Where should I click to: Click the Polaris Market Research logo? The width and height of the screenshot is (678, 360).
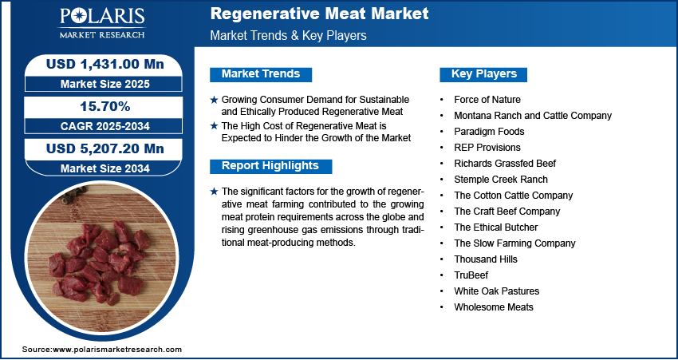coord(102,23)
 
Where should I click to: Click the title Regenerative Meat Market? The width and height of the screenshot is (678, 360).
coord(320,14)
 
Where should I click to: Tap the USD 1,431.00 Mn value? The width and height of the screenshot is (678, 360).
coord(105,64)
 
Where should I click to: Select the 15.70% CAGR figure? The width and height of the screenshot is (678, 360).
coord(105,106)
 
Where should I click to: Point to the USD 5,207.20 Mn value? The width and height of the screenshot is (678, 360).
coord(105,148)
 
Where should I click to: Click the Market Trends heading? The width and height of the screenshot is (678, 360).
coord(261,74)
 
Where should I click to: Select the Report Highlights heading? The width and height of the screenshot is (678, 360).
coord(270,166)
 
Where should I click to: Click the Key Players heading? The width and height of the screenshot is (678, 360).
coord(484,74)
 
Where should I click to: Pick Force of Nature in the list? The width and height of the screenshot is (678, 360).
coord(487,100)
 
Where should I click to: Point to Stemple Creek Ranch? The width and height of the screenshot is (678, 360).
coord(501,180)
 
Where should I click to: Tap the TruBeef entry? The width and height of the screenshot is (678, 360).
coord(471,275)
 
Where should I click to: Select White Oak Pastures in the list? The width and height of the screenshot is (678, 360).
coord(497,291)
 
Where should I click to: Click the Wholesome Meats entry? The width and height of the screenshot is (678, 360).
coord(494,307)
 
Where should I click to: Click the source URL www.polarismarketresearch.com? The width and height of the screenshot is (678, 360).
coord(117,349)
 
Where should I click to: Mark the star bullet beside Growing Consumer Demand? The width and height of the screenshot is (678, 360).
coord(214,100)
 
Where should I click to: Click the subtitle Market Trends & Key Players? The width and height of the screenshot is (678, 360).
coord(289,35)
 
